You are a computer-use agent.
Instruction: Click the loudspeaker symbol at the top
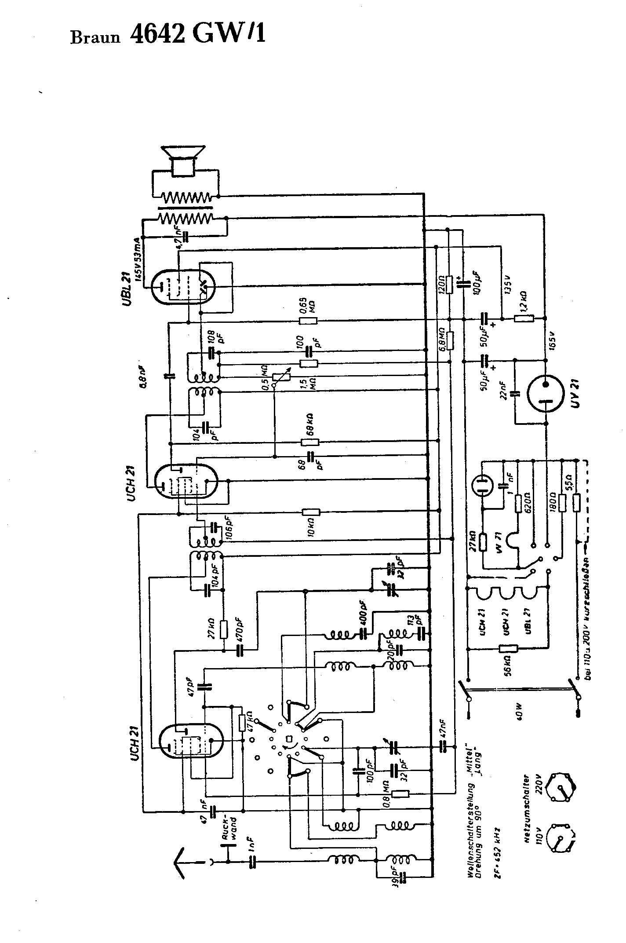[184, 161]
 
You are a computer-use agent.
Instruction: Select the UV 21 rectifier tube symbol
[545, 391]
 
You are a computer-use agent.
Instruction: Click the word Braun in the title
[95, 38]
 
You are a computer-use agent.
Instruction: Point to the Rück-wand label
[230, 827]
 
